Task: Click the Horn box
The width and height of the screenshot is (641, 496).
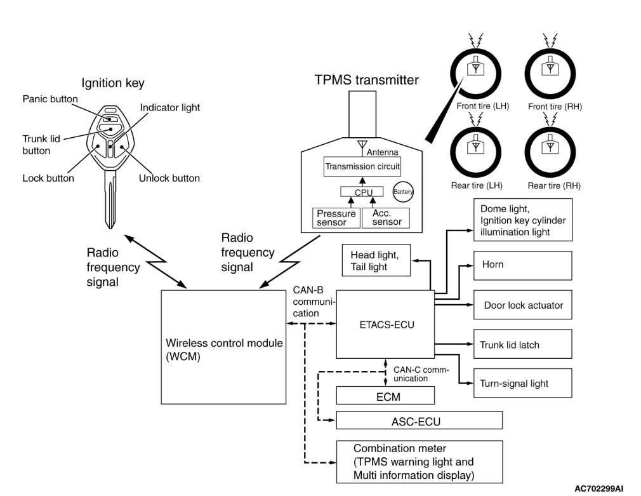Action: click(522, 264)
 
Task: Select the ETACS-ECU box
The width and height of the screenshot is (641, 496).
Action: click(384, 324)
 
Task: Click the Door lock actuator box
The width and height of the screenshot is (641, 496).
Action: click(522, 305)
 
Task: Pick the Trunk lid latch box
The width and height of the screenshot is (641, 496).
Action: click(522, 345)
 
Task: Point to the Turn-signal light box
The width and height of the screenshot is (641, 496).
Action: click(522, 383)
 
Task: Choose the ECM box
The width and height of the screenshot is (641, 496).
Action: click(385, 396)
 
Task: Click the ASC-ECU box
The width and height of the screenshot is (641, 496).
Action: click(419, 420)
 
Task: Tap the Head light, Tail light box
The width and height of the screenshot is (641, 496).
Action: click(376, 260)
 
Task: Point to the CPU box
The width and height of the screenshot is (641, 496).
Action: click(364, 192)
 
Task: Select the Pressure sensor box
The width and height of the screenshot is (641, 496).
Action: click(336, 218)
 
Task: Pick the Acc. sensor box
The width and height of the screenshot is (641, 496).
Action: click(385, 218)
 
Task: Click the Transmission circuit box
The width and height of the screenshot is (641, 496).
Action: click(362, 167)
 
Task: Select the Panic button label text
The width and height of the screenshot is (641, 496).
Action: click(50, 99)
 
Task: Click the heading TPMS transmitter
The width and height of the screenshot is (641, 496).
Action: click(366, 81)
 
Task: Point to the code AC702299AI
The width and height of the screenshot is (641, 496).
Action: click(603, 488)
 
